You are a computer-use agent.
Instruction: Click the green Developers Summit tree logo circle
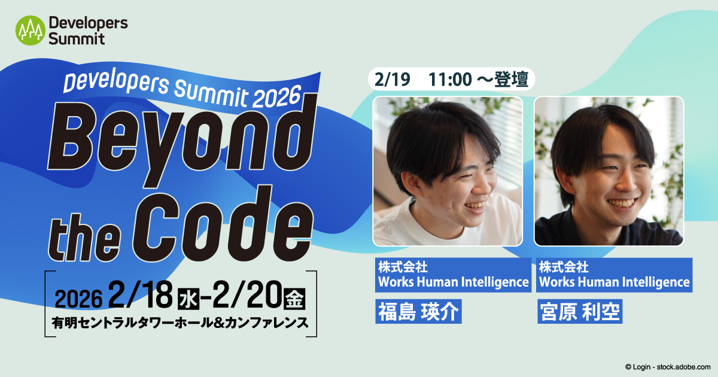pyautogui.click(x=30, y=31)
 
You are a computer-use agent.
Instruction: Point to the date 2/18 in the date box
pyautogui.click(x=140, y=295)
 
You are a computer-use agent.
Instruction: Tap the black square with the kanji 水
pyautogui.click(x=188, y=299)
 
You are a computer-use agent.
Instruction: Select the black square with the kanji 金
pyautogui.click(x=295, y=299)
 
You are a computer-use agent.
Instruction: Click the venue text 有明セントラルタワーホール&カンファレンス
pyautogui.click(x=180, y=323)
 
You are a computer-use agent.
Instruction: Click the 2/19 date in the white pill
pyautogui.click(x=392, y=79)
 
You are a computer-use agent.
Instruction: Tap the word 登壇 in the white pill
pyautogui.click(x=511, y=79)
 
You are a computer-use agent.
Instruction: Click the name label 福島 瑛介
pyautogui.click(x=418, y=311)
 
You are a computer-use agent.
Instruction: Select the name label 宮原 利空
pyautogui.click(x=580, y=311)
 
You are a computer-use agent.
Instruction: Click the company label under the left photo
pyautogui.click(x=454, y=275)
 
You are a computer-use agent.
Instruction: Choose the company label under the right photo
pyautogui.click(x=614, y=275)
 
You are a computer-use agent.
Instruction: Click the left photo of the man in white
pyautogui.click(x=448, y=171)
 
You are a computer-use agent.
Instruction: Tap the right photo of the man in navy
pyautogui.click(x=609, y=171)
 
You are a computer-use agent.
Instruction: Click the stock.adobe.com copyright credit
pyautogui.click(x=668, y=367)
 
